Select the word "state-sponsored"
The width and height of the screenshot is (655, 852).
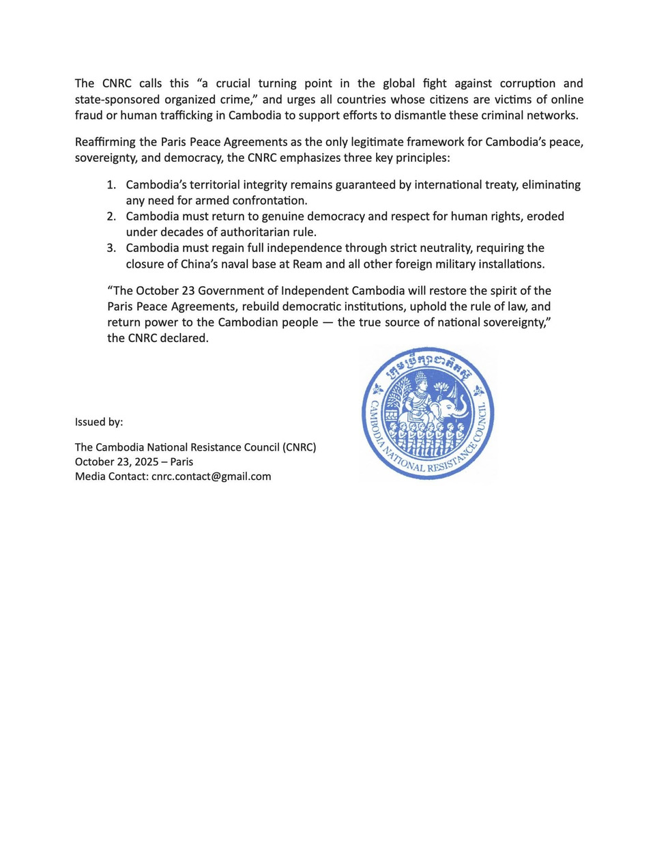point(117,99)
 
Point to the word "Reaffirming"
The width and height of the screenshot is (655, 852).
point(105,142)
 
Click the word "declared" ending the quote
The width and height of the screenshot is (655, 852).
point(185,338)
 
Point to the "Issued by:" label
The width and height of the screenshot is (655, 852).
point(99,422)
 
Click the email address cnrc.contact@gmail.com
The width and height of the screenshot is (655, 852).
point(211,477)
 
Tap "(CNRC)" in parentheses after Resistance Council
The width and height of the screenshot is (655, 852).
point(299,447)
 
